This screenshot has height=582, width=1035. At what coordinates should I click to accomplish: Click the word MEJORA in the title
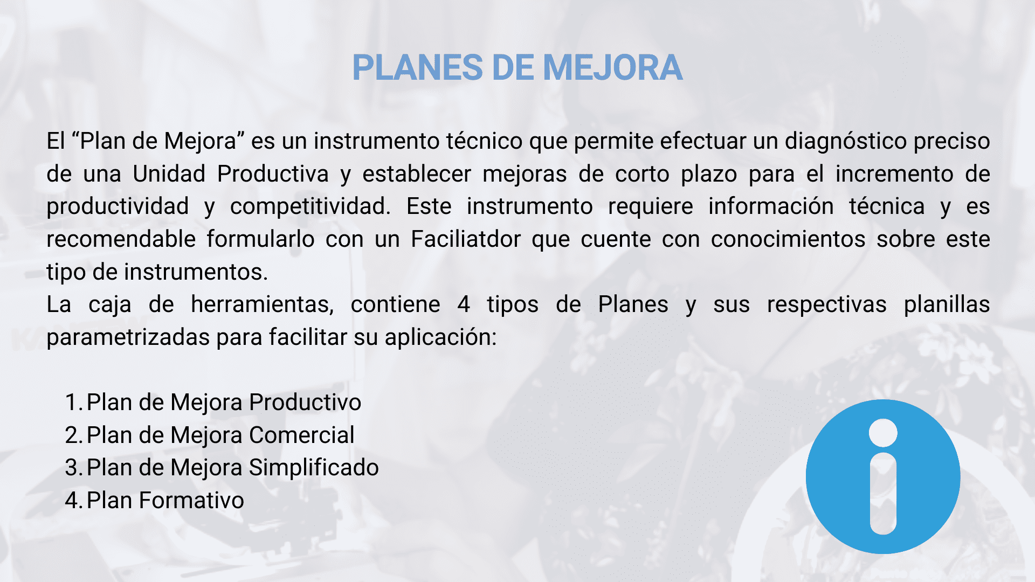point(613,68)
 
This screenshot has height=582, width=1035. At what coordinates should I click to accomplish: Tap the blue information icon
point(883,476)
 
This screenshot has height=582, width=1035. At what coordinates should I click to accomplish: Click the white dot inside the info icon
point(883,433)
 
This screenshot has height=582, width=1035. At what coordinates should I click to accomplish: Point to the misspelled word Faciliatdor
point(466,239)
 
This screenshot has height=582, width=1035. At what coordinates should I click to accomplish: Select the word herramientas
point(262,305)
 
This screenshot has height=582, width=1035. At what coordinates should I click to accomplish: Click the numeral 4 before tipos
point(464,305)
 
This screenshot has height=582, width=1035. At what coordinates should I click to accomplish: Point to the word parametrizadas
point(128,338)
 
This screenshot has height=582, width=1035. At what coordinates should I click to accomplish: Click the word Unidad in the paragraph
point(169,174)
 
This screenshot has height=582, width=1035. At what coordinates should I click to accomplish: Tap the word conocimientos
point(788,239)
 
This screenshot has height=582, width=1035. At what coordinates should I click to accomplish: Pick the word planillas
point(947,305)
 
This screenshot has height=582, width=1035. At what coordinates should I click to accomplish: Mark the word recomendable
point(121,239)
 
